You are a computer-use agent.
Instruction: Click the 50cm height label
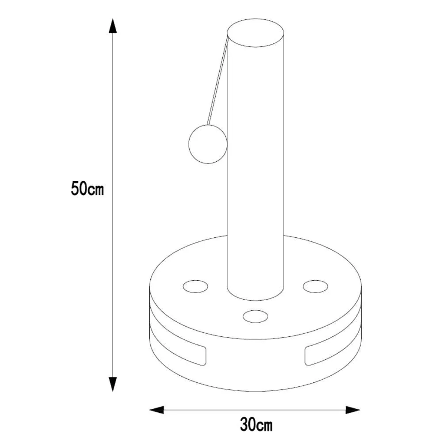pyautogui.click(x=88, y=189)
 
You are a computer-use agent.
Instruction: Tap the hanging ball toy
pyautogui.click(x=208, y=144)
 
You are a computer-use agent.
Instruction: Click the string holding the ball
pyautogui.click(x=217, y=79)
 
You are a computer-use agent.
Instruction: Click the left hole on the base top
pyautogui.click(x=196, y=286)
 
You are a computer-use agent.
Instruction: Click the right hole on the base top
pyautogui.click(x=316, y=286)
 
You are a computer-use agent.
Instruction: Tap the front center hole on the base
pyautogui.click(x=255, y=316)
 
